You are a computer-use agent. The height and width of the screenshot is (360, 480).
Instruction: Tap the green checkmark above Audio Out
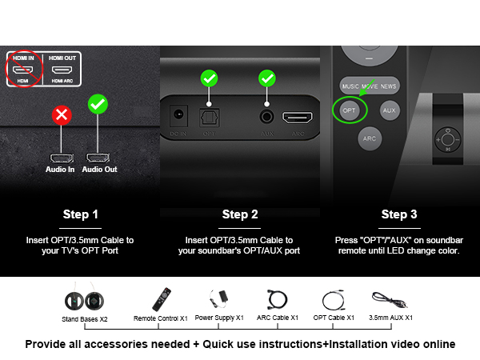98,105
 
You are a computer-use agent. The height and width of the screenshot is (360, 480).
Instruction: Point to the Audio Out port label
99,169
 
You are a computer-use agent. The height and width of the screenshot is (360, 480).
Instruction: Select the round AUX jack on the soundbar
265,114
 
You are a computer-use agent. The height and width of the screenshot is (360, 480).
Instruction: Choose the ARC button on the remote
369,138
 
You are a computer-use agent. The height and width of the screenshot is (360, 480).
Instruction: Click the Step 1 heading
81,214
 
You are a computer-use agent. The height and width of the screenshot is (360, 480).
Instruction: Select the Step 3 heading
399,214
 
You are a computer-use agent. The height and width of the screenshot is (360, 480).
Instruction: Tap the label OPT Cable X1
334,318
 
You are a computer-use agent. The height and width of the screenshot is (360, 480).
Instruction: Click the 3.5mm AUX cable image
390,302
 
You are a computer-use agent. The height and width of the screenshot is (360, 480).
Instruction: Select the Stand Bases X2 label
86,318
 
